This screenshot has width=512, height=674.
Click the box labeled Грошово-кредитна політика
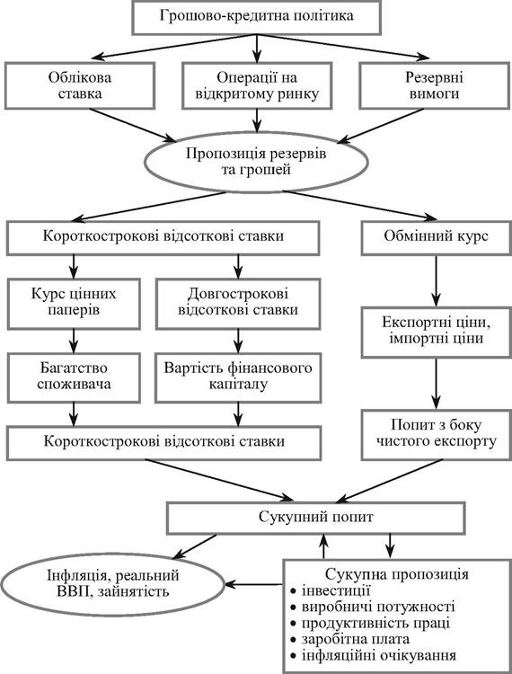[x=256, y=17]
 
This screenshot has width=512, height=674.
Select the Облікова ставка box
[x=80, y=85]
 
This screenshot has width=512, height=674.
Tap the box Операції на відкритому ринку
[x=257, y=85]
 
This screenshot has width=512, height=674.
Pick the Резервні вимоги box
[x=434, y=85]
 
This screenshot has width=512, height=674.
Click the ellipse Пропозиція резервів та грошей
[x=256, y=162]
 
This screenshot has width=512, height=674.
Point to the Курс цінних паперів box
[x=74, y=304]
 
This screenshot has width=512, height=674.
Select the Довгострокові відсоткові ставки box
[x=238, y=304]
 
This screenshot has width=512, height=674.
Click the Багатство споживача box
[x=74, y=377]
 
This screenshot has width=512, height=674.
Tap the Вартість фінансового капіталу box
[x=238, y=377]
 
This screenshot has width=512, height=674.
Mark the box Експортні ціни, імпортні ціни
[x=436, y=332]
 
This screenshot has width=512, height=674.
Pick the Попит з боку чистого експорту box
[x=436, y=434]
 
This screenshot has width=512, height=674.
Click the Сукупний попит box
[x=315, y=518]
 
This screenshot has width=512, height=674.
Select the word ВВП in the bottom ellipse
[x=74, y=592]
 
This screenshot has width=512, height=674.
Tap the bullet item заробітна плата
[x=349, y=639]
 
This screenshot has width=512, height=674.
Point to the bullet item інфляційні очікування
[x=373, y=655]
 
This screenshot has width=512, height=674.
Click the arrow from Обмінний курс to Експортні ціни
[x=436, y=280]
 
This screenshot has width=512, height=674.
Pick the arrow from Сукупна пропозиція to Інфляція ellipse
[x=253, y=585]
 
